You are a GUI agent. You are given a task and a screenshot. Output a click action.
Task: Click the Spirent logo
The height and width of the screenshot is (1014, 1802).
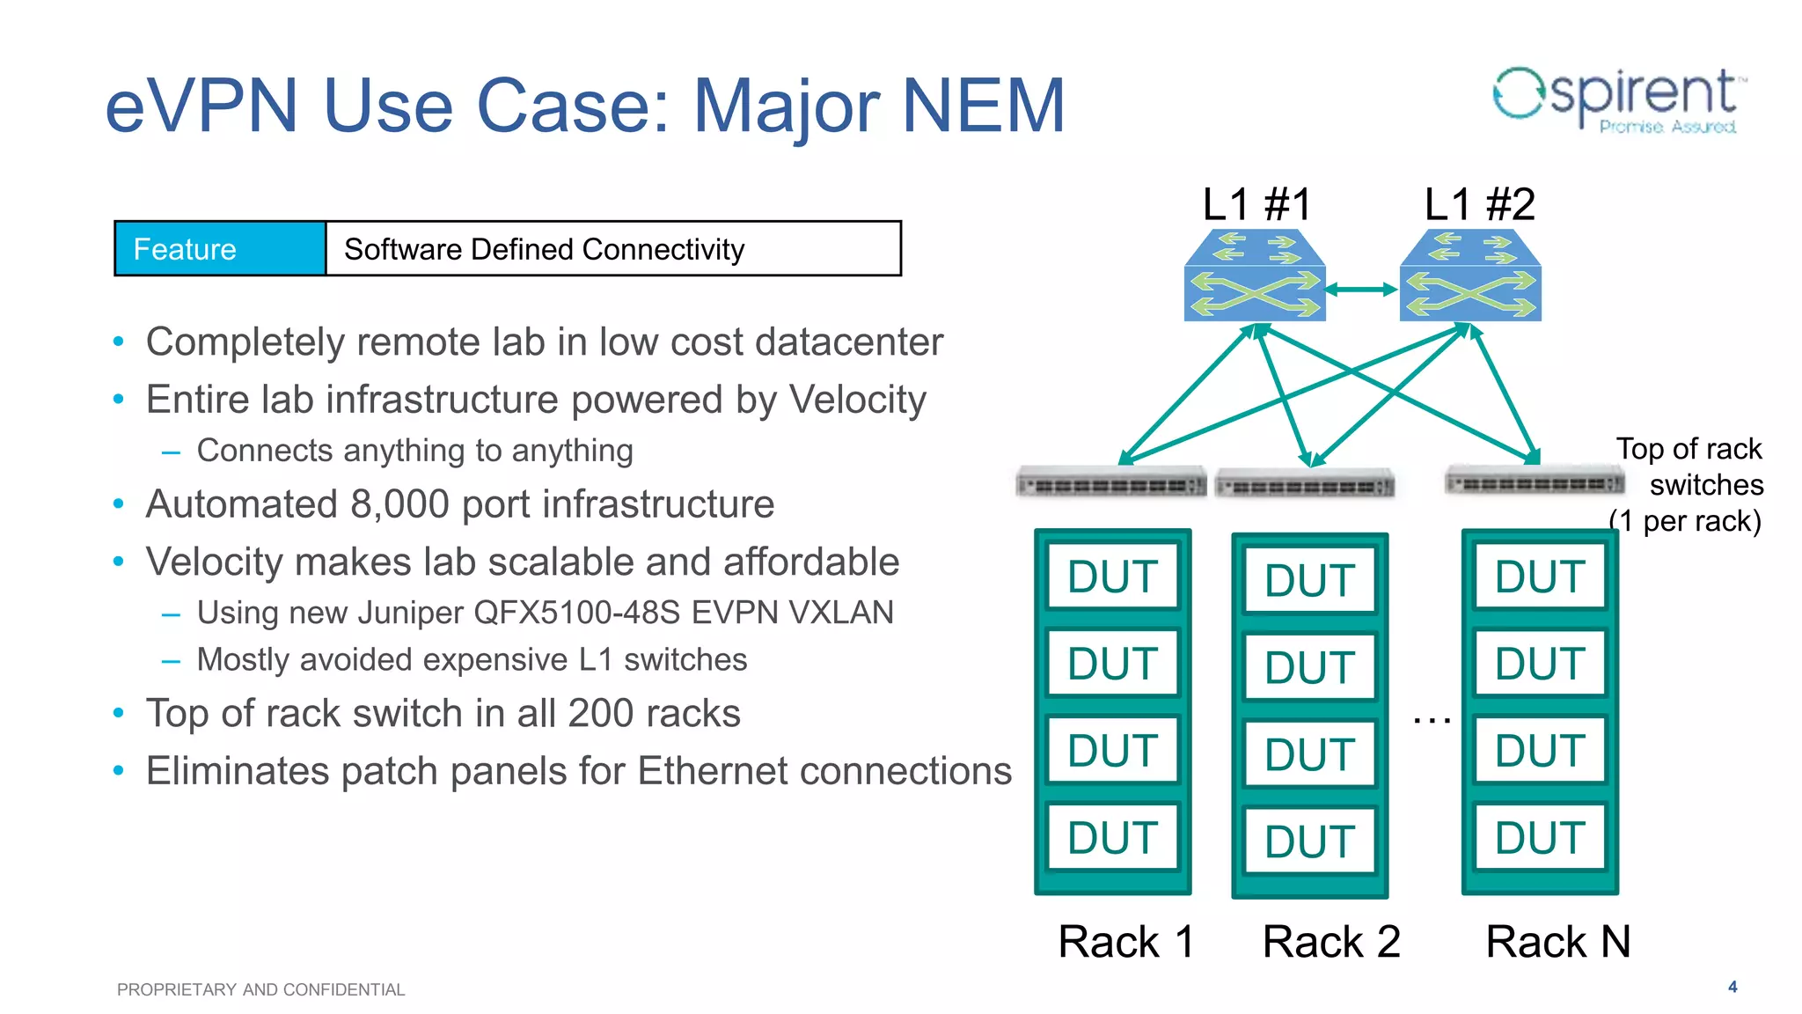pyautogui.click(x=1619, y=99)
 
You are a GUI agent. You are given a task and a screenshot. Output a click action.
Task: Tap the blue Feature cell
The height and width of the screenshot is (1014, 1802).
pyautogui.click(x=220, y=249)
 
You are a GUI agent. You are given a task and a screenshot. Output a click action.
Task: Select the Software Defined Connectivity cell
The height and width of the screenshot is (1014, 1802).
pyautogui.click(x=613, y=249)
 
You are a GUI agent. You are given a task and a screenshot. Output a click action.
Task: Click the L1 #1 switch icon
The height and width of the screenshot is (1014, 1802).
pyautogui.click(x=1255, y=276)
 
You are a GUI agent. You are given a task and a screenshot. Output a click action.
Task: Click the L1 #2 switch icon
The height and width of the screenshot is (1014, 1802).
pyautogui.click(x=1470, y=276)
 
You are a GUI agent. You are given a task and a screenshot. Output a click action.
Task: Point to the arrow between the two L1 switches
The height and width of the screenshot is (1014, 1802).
pyautogui.click(x=1362, y=289)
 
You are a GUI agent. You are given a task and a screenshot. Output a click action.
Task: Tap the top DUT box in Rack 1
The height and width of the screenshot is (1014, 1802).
pyautogui.click(x=1112, y=577)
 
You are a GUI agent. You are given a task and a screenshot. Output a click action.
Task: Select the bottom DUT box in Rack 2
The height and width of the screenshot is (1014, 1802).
pyautogui.click(x=1309, y=841)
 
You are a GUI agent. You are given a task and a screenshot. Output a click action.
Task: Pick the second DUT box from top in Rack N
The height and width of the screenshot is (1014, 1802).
pyautogui.click(x=1540, y=663)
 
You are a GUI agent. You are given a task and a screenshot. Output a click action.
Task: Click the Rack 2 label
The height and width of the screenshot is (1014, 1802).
pyautogui.click(x=1330, y=941)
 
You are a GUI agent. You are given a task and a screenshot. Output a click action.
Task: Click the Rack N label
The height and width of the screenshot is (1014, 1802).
pyautogui.click(x=1557, y=941)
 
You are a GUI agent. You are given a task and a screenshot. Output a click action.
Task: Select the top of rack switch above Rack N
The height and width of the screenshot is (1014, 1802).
pyautogui.click(x=1535, y=481)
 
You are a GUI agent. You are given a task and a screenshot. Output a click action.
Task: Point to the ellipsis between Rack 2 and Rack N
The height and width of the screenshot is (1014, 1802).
pyautogui.click(x=1432, y=720)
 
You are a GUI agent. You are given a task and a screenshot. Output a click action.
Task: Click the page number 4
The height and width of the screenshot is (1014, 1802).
pyautogui.click(x=1732, y=987)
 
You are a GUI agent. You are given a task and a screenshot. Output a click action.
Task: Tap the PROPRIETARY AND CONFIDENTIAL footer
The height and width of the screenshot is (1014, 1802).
pyautogui.click(x=260, y=989)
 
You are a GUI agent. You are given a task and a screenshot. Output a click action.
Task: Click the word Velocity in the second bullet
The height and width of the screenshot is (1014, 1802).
pyautogui.click(x=857, y=400)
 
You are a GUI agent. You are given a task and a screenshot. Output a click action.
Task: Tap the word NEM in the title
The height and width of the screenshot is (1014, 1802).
pyautogui.click(x=984, y=106)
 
